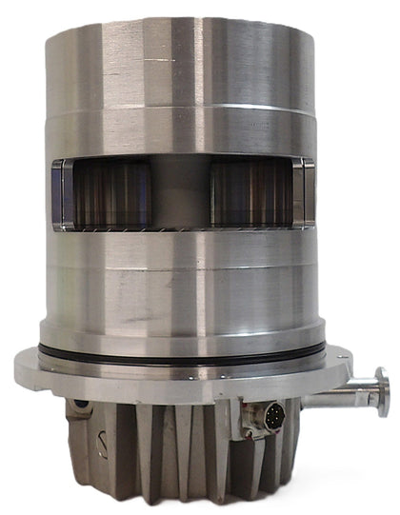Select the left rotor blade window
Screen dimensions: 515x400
tap(112, 194)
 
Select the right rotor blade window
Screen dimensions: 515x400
tap(251, 194)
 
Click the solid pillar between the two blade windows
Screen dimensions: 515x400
tap(181, 194)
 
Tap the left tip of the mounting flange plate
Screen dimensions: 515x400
tap(21, 362)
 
